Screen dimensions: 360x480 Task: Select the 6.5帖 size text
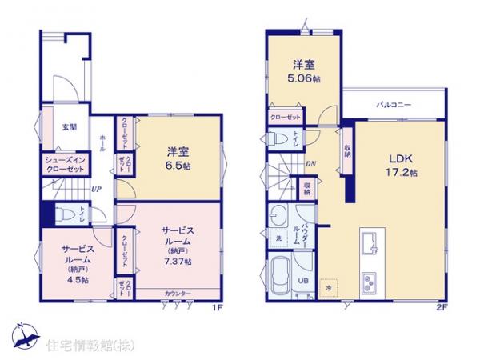[x=177, y=166]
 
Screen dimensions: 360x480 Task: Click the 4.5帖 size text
[x=78, y=280]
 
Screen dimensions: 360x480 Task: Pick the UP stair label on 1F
[x=96, y=190]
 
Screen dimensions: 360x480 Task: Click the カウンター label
[x=178, y=294]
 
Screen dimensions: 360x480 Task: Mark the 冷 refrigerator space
[x=328, y=286]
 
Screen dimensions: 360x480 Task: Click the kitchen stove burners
[x=373, y=282]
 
